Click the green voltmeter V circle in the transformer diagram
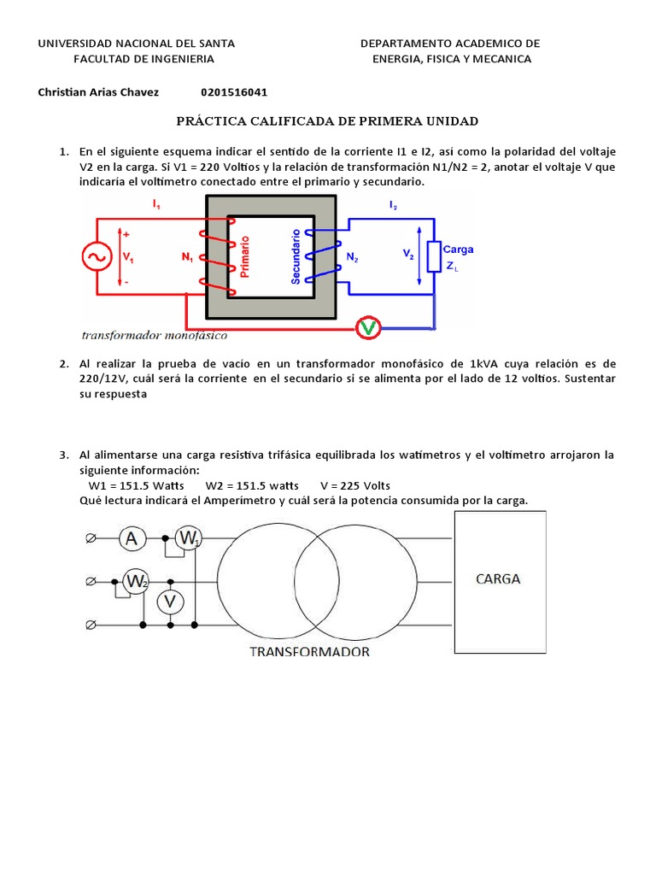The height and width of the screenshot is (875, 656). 368,326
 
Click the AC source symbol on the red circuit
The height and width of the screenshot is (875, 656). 93,255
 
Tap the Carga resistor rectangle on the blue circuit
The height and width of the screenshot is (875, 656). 433,255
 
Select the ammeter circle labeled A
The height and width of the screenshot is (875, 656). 131,538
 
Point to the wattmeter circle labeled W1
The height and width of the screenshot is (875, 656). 189,538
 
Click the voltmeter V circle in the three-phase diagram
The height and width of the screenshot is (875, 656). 170,602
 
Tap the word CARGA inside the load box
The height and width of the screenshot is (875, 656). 497,578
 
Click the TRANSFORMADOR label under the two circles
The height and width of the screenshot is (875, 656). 309,652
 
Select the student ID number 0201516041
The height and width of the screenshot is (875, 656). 239,92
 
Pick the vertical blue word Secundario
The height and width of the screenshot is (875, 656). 296,255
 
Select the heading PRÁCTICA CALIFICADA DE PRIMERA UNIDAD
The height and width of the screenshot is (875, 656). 327,121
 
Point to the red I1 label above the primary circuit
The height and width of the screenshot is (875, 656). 156,205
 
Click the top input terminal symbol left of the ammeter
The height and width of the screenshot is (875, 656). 90,538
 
